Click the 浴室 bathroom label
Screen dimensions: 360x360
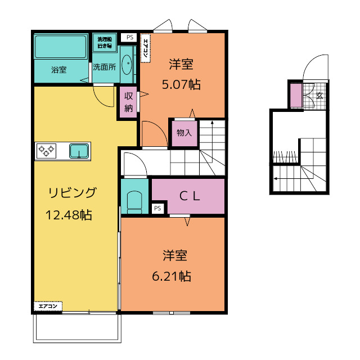[x=59, y=70]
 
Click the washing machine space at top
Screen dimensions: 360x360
[x=105, y=42]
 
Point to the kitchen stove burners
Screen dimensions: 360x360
[x=46, y=150]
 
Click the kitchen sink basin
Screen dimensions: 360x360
[x=78, y=150]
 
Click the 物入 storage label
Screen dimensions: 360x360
[x=184, y=133]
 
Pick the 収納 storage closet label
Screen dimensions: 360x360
[x=128, y=102]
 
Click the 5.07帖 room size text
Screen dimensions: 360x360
[x=181, y=85]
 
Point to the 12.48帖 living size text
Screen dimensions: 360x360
[x=69, y=214]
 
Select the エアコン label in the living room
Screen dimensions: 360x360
[x=48, y=306]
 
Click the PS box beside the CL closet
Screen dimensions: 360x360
[x=157, y=209]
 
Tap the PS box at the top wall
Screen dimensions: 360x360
[x=130, y=38]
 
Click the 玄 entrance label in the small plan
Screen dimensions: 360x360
[x=319, y=96]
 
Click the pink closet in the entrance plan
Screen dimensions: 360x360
[x=295, y=96]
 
